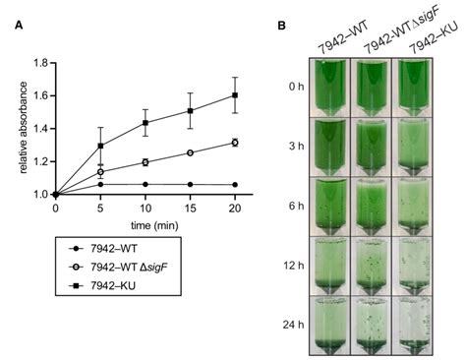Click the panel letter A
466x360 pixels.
(19, 28)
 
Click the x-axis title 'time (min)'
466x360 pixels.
(146, 226)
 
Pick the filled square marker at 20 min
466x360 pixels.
(234, 95)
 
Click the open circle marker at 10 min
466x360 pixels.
(145, 162)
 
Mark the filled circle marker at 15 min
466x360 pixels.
(189, 184)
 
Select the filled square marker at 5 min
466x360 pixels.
(100, 146)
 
